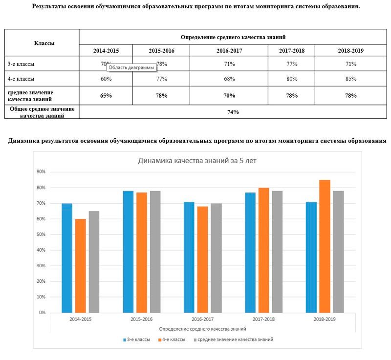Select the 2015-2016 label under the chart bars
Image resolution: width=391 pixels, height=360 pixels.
click(142, 318)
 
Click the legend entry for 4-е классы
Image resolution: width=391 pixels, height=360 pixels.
click(172, 339)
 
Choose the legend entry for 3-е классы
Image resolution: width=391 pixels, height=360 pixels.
click(136, 339)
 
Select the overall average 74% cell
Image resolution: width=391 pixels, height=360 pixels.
click(233, 112)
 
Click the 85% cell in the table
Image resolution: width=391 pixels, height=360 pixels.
click(350, 79)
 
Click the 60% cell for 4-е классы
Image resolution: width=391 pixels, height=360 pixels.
click(106, 79)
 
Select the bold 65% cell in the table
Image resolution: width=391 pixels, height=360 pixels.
click(106, 95)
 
